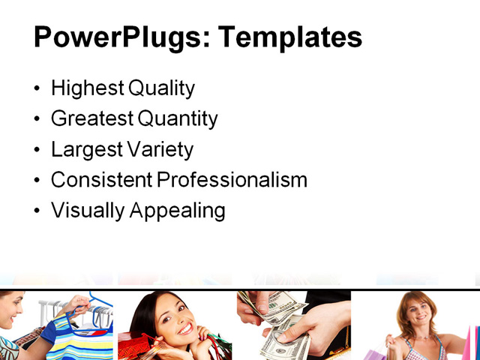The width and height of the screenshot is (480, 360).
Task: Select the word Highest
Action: tap(86, 88)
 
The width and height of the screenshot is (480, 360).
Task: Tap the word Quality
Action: tap(161, 88)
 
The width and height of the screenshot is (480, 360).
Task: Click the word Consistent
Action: tap(100, 180)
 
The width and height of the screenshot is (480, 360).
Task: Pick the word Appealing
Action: tap(177, 211)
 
